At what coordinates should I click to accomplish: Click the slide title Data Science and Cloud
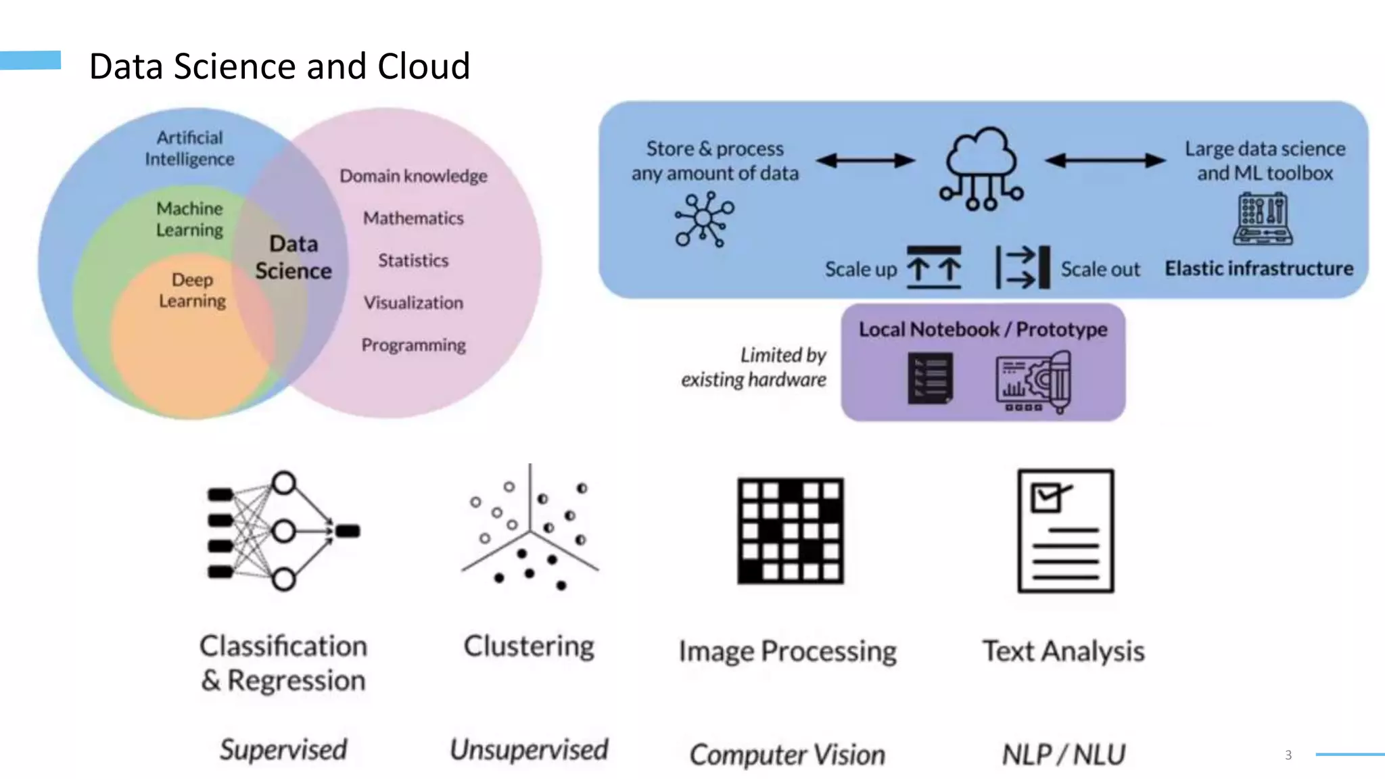pyautogui.click(x=279, y=66)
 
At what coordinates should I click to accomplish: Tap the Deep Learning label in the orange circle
pyautogui.click(x=192, y=290)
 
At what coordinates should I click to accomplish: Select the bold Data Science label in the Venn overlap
pyautogui.click(x=294, y=258)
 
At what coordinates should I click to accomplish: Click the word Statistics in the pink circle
pyautogui.click(x=413, y=260)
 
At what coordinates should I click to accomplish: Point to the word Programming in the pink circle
pyautogui.click(x=413, y=345)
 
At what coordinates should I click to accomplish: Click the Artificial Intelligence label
pyautogui.click(x=189, y=148)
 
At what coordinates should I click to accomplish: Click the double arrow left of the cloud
pyautogui.click(x=865, y=160)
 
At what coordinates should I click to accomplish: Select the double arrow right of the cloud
pyautogui.click(x=1104, y=160)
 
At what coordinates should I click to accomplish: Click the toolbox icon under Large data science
pyautogui.click(x=1263, y=218)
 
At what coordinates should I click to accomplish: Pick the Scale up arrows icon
pyautogui.click(x=933, y=268)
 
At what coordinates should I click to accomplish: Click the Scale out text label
pyautogui.click(x=1100, y=269)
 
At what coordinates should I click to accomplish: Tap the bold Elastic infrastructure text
pyautogui.click(x=1259, y=268)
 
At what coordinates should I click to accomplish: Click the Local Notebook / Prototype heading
pyautogui.click(x=983, y=329)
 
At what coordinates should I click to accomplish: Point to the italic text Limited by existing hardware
pyautogui.click(x=754, y=367)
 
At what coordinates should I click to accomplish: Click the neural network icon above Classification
pyautogui.click(x=283, y=531)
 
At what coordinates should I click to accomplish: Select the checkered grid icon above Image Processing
pyautogui.click(x=790, y=531)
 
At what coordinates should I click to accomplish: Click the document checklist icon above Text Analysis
pyautogui.click(x=1065, y=531)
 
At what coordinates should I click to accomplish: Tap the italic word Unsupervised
pyautogui.click(x=529, y=749)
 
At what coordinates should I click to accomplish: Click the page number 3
pyautogui.click(x=1288, y=755)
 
